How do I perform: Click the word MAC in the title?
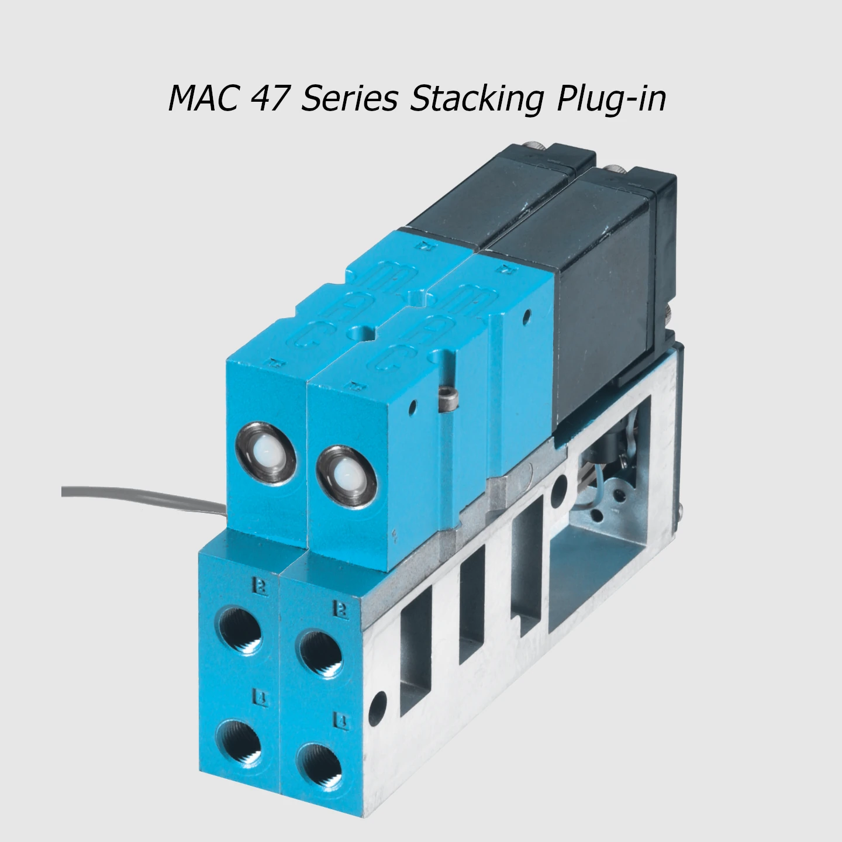(x=204, y=98)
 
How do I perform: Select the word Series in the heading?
(x=349, y=98)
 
